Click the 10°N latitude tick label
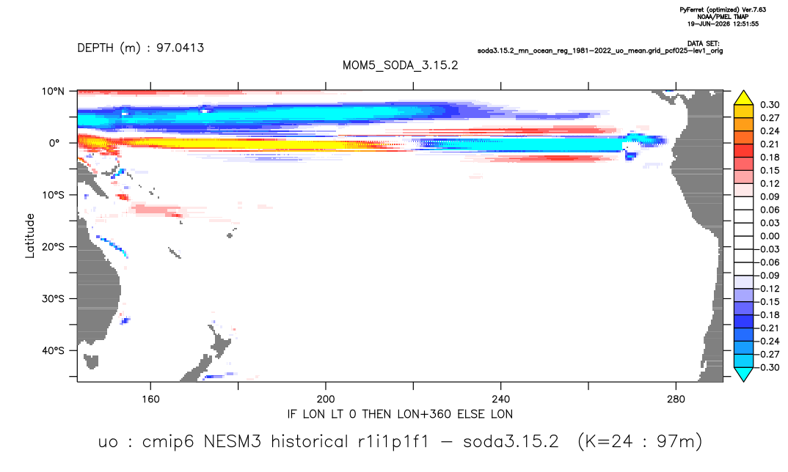point(53,92)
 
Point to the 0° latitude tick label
point(54,143)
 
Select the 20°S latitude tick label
point(53,247)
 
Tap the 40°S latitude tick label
point(53,350)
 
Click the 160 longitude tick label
point(150,399)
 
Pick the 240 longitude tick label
point(501,399)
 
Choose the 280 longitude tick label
point(676,399)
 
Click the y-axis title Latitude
point(30,236)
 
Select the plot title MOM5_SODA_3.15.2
point(400,66)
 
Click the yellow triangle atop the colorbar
point(743,98)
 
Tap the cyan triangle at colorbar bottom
point(743,375)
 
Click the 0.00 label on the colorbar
point(770,236)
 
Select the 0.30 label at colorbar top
point(770,105)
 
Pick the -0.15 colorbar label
point(767,302)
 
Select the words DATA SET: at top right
point(703,44)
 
